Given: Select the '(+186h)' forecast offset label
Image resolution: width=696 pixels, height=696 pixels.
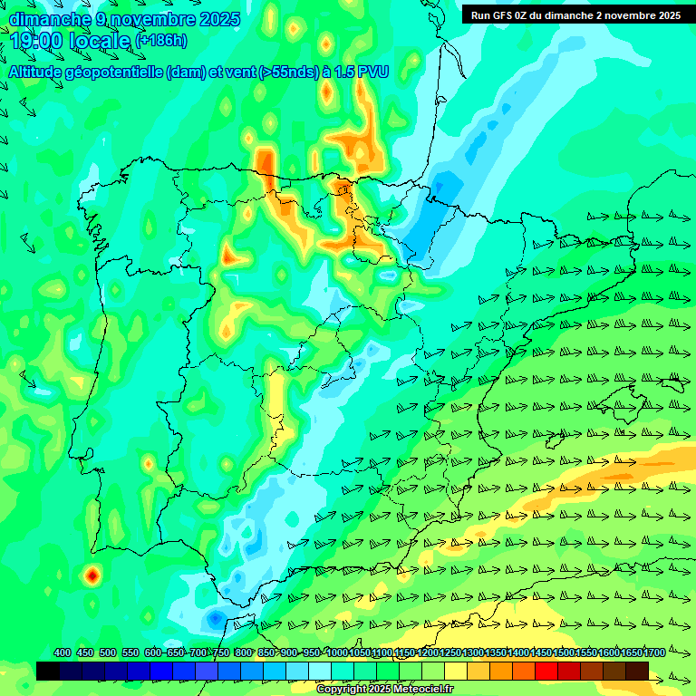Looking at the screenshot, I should (161, 41).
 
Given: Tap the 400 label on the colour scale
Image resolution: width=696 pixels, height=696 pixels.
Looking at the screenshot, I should (63, 653).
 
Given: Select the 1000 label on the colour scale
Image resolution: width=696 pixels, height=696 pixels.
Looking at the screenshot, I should (337, 653).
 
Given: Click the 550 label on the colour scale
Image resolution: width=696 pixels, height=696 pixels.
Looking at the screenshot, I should (130, 653).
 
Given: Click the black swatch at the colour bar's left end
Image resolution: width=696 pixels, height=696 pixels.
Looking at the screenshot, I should (48, 671).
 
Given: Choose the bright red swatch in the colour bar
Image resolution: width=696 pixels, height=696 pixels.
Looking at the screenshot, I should (546, 671).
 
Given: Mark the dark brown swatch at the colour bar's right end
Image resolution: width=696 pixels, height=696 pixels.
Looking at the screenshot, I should (637, 671).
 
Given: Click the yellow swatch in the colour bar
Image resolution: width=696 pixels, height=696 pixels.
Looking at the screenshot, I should (456, 671).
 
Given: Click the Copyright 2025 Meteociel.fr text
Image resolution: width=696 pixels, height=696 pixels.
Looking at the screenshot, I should (385, 689).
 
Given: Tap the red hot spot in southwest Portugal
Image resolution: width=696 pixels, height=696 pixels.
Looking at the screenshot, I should (91, 574).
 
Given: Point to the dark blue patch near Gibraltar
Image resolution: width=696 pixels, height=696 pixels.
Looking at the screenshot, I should (215, 618).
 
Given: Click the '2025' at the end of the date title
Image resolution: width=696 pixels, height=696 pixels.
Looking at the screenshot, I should (219, 19).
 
